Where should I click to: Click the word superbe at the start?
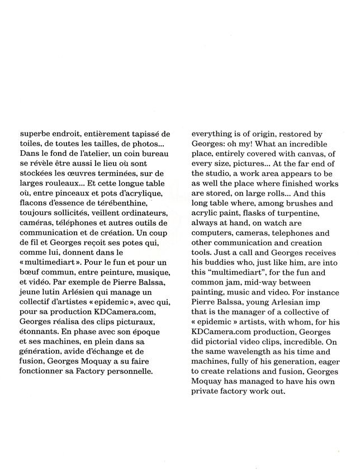[29, 134]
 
